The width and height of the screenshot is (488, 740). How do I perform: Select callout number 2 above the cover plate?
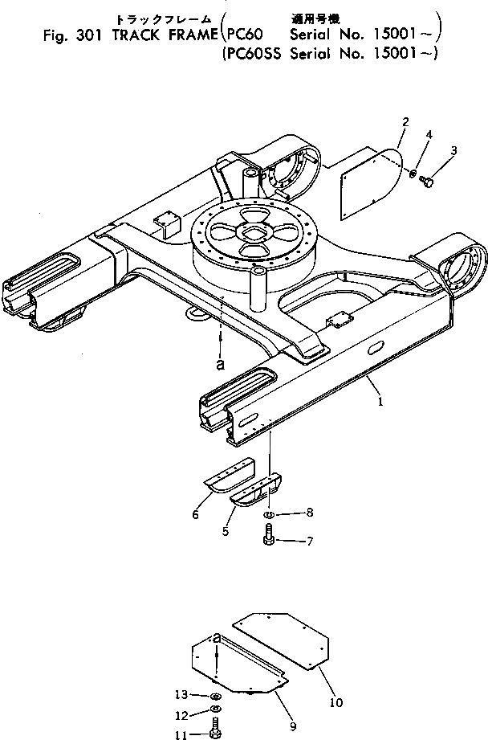coord(406,122)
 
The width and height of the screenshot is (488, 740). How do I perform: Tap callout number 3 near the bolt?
coord(453,150)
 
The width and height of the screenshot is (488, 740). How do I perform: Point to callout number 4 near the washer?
coord(429,135)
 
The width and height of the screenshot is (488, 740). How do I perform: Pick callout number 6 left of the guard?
coord(195,515)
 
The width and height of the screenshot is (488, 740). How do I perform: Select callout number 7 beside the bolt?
coord(309,542)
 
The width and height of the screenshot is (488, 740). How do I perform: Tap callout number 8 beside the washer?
coord(309,512)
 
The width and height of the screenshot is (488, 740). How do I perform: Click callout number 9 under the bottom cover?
coord(292,727)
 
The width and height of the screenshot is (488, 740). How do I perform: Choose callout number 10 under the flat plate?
coord(336,702)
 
